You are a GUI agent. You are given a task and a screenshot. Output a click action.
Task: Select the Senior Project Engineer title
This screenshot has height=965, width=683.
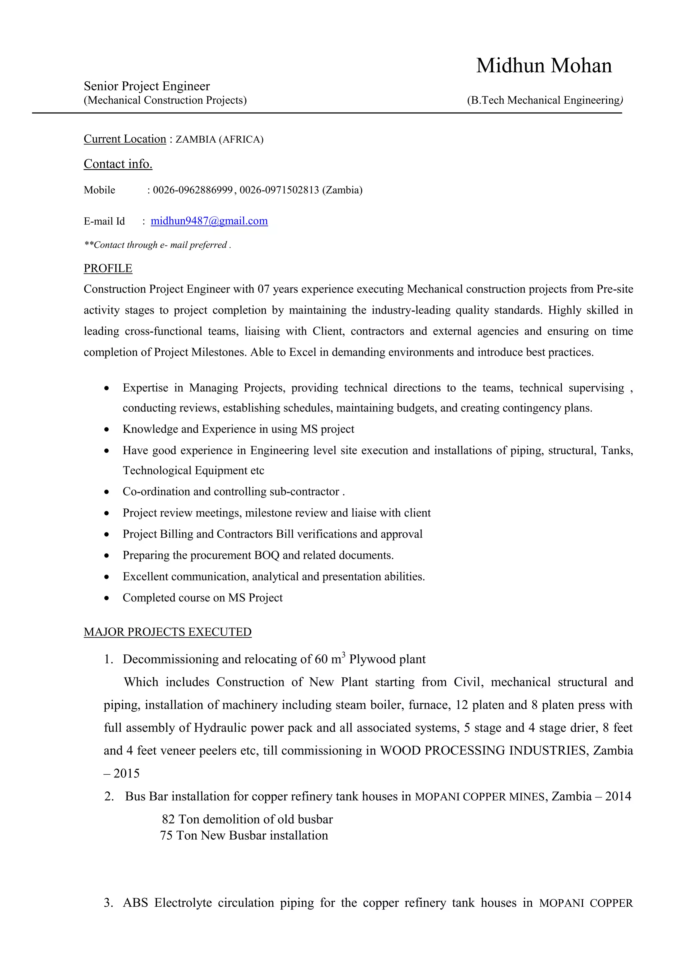coord(146,86)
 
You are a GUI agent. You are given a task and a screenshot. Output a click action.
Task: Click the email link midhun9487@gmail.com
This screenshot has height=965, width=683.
coord(209,221)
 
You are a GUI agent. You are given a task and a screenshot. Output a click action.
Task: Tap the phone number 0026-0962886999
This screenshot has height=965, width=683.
coord(193,190)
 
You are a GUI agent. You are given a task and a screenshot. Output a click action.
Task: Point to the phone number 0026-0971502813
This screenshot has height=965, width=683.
coord(279,190)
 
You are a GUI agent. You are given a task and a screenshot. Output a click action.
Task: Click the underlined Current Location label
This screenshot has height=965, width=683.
coord(125,139)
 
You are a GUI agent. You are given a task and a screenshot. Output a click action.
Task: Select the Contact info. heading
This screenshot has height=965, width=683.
coord(118,164)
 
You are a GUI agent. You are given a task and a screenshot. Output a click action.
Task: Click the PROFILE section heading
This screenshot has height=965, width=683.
coord(108,268)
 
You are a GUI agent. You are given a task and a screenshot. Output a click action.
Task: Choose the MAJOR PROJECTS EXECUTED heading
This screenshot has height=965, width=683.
coord(167,632)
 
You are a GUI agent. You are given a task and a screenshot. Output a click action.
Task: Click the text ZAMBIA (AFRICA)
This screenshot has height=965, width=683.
coord(219,140)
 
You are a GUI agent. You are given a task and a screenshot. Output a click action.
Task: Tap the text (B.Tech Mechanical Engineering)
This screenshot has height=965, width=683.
coord(545,100)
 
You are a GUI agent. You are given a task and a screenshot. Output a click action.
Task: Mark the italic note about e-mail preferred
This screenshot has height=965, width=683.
coord(157,245)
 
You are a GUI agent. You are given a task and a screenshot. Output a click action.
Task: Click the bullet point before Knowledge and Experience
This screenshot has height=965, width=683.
coord(107,430)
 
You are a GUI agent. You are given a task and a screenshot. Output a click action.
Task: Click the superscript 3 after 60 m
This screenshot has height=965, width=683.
coord(344,654)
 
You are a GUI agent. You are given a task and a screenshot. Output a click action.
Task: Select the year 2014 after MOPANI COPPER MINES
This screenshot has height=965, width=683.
coord(618,796)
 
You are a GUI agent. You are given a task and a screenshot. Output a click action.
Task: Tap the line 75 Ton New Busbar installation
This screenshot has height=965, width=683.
coord(244,836)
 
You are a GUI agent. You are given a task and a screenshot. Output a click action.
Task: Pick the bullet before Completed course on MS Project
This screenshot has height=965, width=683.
coord(107,598)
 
